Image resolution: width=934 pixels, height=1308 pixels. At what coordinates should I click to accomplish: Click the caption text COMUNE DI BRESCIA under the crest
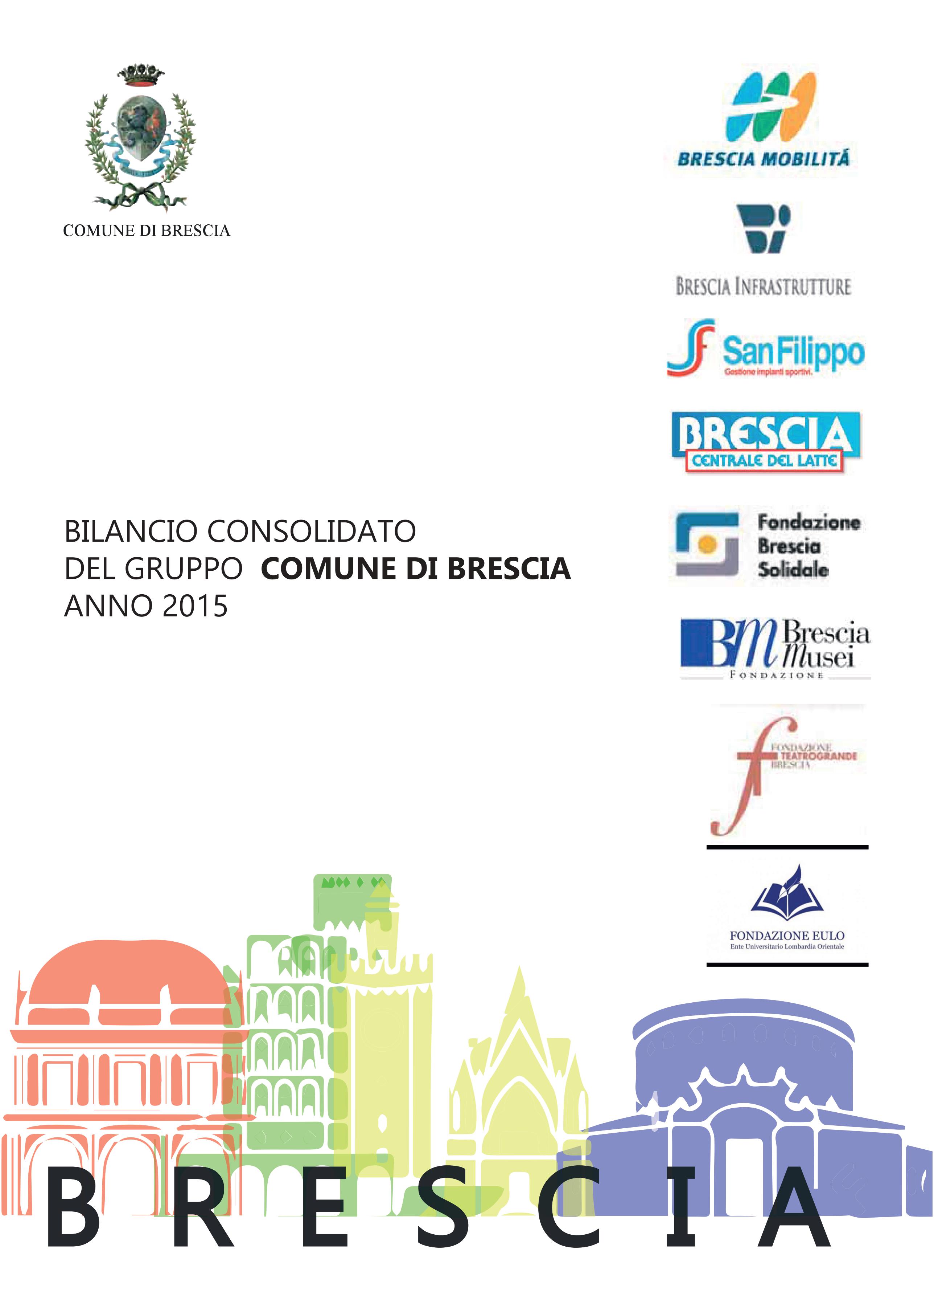tap(146, 231)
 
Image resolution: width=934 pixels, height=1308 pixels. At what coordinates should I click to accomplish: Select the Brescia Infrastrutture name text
tap(763, 286)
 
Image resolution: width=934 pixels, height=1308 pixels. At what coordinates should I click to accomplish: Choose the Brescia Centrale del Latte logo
tap(765, 442)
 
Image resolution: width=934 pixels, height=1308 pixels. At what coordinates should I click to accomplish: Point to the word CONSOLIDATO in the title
tap(311, 531)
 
